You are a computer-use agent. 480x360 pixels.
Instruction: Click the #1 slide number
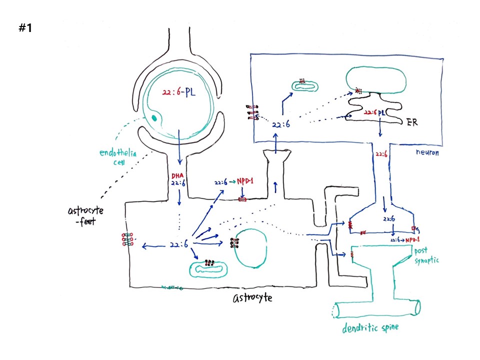click(25, 28)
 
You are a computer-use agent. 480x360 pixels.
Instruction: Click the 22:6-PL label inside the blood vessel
click(178, 92)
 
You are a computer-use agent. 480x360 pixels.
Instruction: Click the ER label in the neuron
click(413, 121)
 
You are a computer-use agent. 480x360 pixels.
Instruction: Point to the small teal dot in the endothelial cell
click(154, 118)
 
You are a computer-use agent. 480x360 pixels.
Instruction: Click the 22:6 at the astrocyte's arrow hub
click(179, 245)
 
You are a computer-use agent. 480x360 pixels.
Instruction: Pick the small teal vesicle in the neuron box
click(305, 85)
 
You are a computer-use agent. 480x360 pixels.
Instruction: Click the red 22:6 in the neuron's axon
click(381, 154)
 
